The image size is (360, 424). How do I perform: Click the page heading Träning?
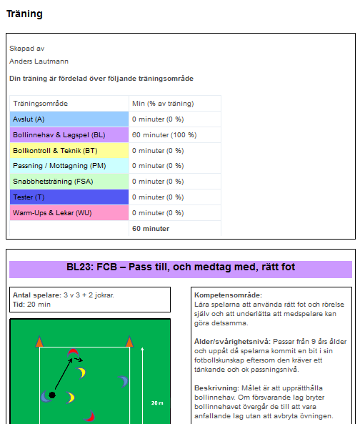[x=24, y=14]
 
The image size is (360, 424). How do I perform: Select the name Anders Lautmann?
[x=39, y=61]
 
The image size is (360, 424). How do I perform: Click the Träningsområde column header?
[x=41, y=104]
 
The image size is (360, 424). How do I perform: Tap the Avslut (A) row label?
[x=29, y=119]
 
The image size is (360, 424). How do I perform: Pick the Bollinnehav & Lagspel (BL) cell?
[x=69, y=135]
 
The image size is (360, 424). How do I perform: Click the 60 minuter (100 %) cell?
[x=164, y=135]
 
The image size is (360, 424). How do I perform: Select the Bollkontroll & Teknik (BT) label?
[x=55, y=151]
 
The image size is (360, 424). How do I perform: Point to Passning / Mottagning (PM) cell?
[x=69, y=166]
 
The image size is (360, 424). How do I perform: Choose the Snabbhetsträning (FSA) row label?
[x=53, y=182]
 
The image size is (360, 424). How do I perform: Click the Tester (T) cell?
[x=69, y=197]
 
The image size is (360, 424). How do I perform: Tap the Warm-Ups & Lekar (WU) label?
[x=52, y=213]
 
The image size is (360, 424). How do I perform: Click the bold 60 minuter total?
[x=151, y=229]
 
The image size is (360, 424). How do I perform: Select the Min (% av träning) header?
[x=163, y=104]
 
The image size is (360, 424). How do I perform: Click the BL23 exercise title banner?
[x=181, y=270]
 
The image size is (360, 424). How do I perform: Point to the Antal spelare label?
[x=37, y=295]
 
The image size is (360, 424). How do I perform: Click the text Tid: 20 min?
[x=31, y=305]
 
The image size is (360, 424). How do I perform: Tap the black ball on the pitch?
[x=52, y=395]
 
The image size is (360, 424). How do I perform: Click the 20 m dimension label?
[x=157, y=403]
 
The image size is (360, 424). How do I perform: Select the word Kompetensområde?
[x=228, y=295]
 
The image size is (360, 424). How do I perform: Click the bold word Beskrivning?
[x=216, y=388]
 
